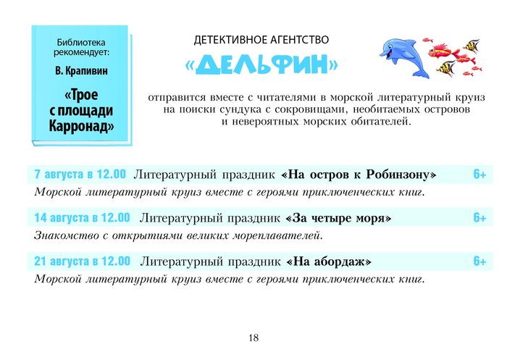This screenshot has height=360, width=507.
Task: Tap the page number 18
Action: pyautogui.click(x=253, y=338)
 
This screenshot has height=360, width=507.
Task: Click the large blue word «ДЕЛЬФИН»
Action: pyautogui.click(x=261, y=64)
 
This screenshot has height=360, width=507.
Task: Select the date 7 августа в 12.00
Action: pyautogui.click(x=80, y=175)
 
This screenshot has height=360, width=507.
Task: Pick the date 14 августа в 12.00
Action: pyautogui.click(x=82, y=218)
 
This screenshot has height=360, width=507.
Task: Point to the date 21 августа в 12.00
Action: pyautogui.click(x=82, y=261)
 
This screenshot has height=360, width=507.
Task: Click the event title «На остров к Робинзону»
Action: pyautogui.click(x=359, y=175)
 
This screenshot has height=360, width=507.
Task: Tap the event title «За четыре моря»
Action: pyautogui.click(x=338, y=218)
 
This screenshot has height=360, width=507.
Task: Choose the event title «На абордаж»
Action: pyautogui.click(x=329, y=261)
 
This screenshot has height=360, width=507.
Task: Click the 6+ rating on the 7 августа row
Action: pyautogui.click(x=479, y=175)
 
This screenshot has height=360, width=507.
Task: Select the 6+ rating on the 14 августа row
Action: pyautogui.click(x=479, y=218)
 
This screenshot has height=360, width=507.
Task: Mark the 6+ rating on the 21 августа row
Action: pyautogui.click(x=479, y=261)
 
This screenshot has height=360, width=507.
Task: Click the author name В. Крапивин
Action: pyautogui.click(x=81, y=71)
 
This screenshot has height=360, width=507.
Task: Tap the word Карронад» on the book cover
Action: pyautogui.click(x=81, y=125)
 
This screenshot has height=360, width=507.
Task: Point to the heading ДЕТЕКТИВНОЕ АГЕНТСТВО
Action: pyautogui.click(x=261, y=40)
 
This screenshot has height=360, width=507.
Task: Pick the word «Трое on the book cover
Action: pyautogui.click(x=81, y=95)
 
